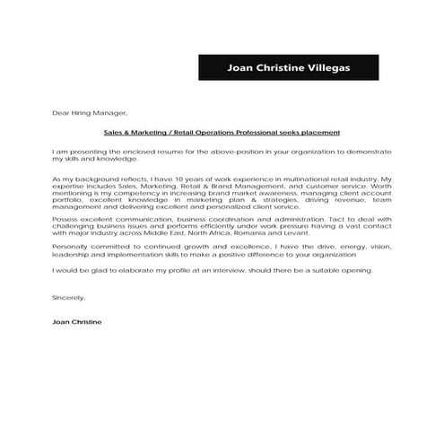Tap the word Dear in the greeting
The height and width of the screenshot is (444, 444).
pos(60,115)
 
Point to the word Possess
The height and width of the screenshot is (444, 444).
pos(66,220)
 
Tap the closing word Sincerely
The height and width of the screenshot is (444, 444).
pos(68,297)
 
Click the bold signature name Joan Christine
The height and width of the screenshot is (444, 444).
pos(77,320)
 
